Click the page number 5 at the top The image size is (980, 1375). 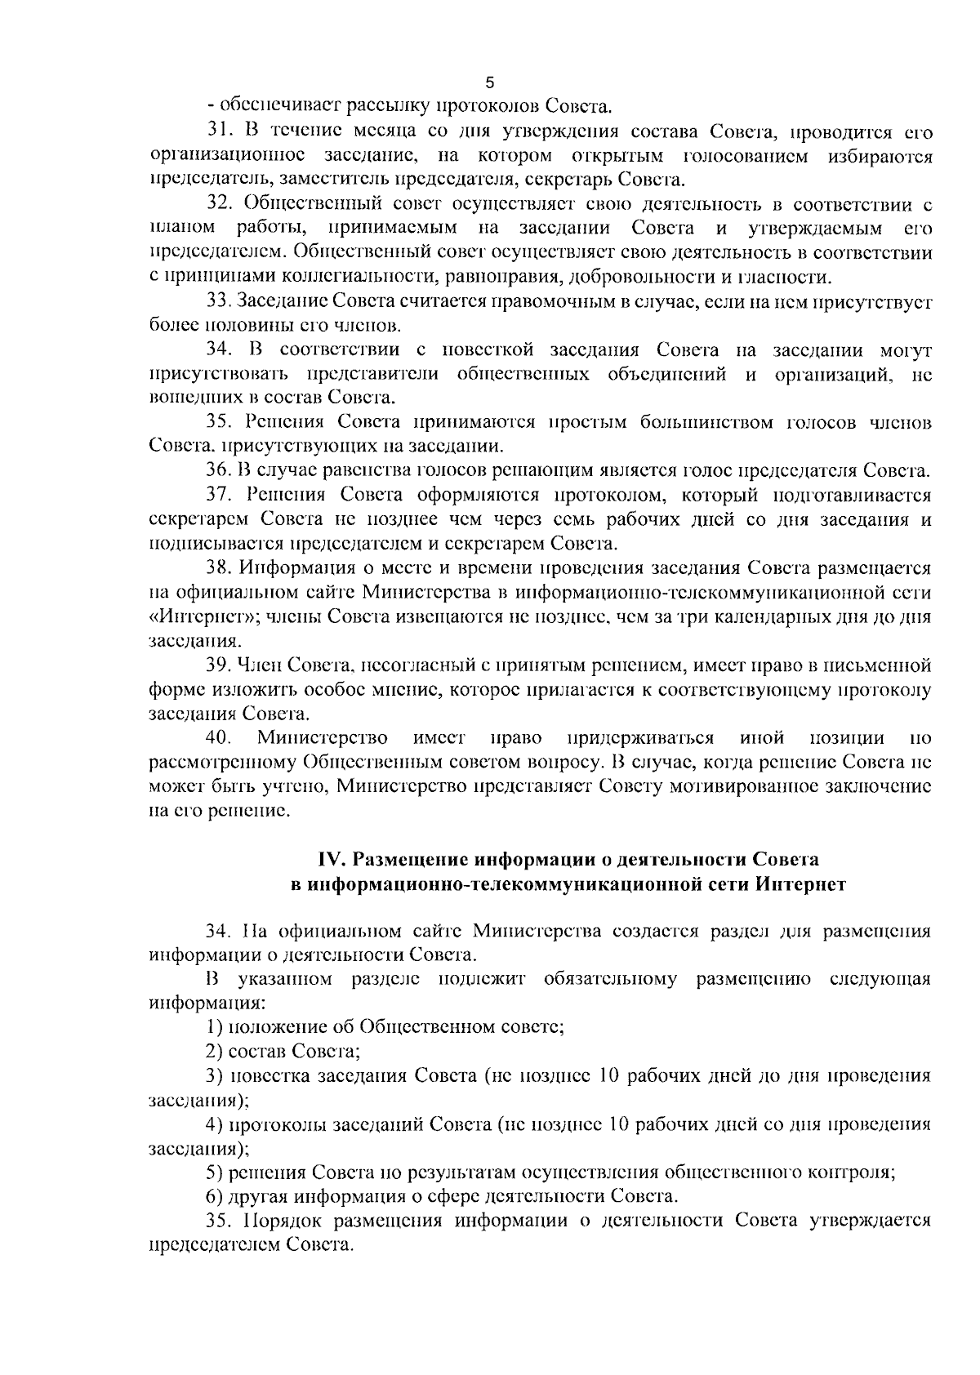(490, 82)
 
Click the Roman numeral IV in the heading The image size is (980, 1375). (330, 860)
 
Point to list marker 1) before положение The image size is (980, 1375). (214, 1027)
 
